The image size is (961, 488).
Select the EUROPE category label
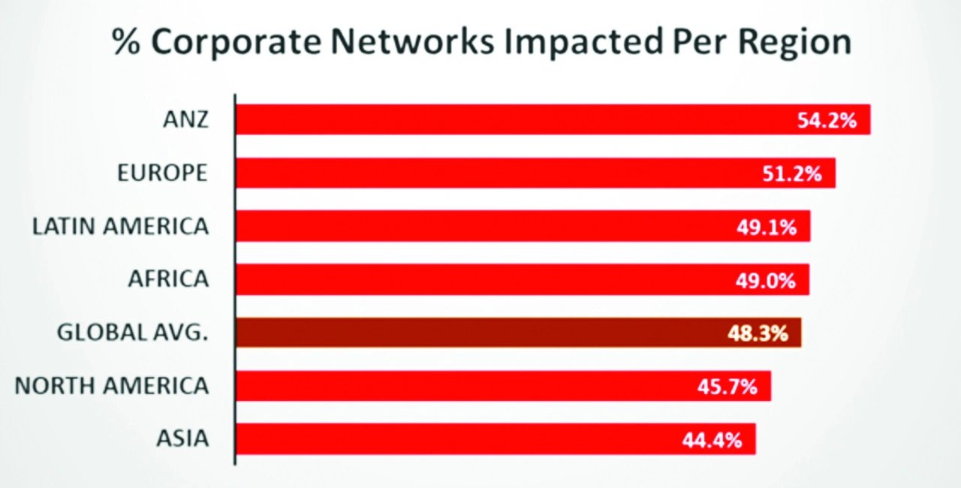(x=162, y=173)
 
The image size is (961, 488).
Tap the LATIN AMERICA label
(x=120, y=226)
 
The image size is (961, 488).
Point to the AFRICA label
(x=167, y=279)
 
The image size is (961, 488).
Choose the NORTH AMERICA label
(x=112, y=386)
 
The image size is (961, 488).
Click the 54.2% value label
(x=827, y=120)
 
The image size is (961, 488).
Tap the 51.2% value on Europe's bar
(x=792, y=173)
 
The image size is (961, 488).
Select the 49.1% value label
(x=766, y=226)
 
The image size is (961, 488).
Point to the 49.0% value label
(x=765, y=279)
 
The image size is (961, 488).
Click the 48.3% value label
(x=758, y=333)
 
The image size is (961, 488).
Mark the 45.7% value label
(x=727, y=386)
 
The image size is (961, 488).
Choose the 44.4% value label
(x=712, y=439)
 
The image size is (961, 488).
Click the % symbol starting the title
(x=125, y=43)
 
